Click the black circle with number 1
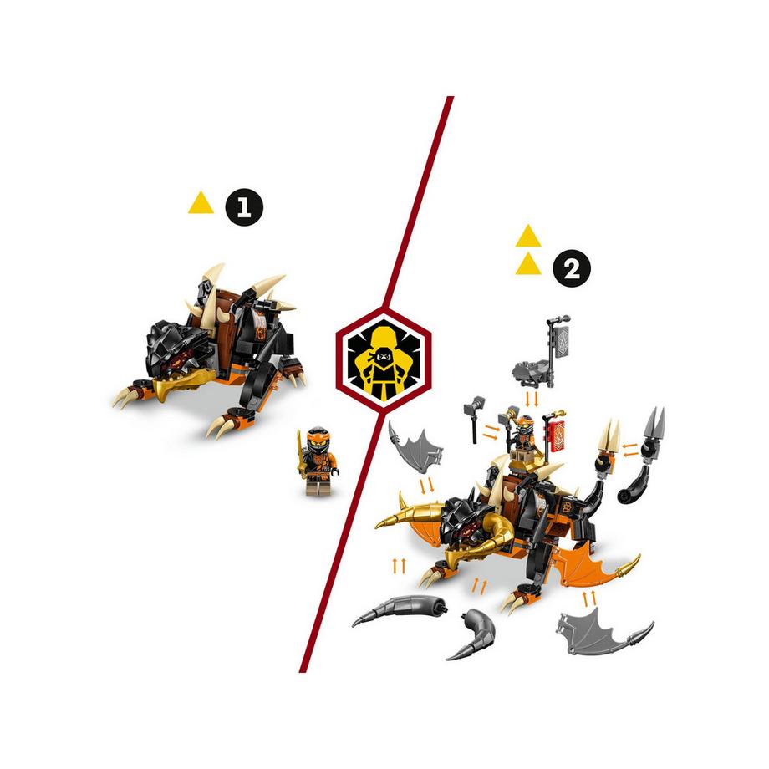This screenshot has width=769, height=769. pyautogui.click(x=244, y=207)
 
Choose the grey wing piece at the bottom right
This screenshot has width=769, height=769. pyautogui.click(x=599, y=626)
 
